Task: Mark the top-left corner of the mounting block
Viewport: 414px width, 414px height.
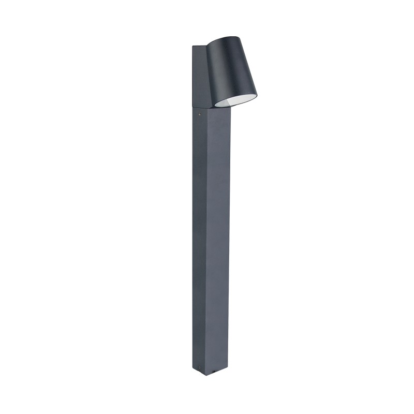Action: pos(193,46)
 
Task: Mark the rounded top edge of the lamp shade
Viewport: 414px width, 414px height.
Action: pos(228,38)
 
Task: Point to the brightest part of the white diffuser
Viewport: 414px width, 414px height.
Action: pos(243,99)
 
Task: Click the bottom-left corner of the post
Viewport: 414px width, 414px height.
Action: pos(193,370)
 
